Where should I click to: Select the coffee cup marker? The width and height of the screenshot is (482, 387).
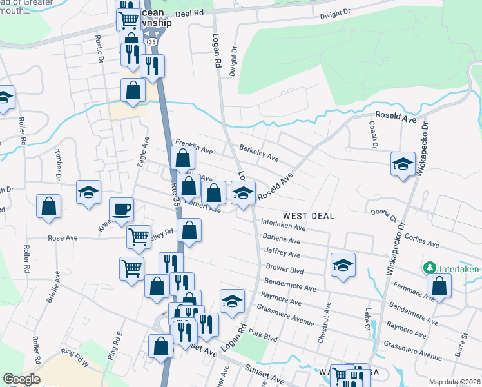122,210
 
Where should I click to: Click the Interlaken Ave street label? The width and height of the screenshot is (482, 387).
283,224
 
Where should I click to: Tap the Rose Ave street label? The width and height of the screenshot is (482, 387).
63,238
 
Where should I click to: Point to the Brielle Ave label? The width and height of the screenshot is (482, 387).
57,287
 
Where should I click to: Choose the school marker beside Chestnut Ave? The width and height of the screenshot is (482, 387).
343,265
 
